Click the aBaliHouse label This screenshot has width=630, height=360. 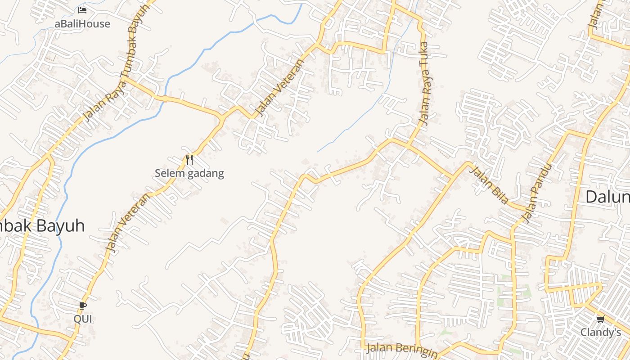(82, 24)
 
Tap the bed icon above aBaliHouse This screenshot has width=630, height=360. (82, 10)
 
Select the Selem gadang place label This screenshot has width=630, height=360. (189, 173)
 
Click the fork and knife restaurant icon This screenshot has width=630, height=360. (189, 159)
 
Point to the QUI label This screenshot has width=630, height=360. (83, 319)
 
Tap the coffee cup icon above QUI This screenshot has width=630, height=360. (83, 306)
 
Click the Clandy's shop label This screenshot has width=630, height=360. (600, 333)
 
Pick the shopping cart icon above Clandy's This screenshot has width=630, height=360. (600, 319)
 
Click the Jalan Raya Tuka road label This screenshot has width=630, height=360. (425, 84)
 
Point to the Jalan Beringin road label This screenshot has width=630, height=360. (401, 350)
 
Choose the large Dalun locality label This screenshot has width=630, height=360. (607, 197)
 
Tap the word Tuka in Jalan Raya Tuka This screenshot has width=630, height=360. (424, 56)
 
